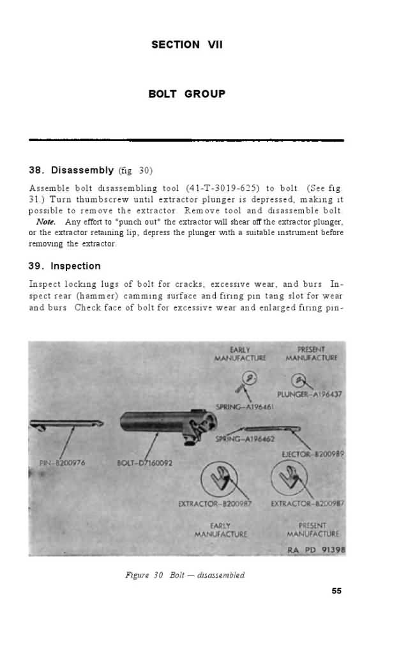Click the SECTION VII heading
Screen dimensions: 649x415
(x=186, y=45)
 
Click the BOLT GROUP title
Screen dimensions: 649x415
(x=186, y=94)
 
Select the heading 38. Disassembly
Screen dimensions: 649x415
(x=72, y=171)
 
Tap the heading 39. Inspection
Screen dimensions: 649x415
(x=64, y=266)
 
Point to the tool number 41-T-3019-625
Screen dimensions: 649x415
(x=222, y=188)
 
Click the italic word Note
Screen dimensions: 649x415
(x=46, y=222)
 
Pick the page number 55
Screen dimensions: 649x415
(x=336, y=591)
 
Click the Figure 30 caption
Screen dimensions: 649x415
(x=185, y=575)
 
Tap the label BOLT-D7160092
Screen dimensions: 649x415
(x=145, y=462)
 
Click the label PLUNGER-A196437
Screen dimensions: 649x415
(x=310, y=394)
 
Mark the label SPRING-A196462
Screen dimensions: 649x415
(x=245, y=439)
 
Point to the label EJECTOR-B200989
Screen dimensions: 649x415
(x=313, y=454)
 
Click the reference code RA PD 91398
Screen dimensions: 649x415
(x=316, y=550)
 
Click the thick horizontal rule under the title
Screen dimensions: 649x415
(x=186, y=140)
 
